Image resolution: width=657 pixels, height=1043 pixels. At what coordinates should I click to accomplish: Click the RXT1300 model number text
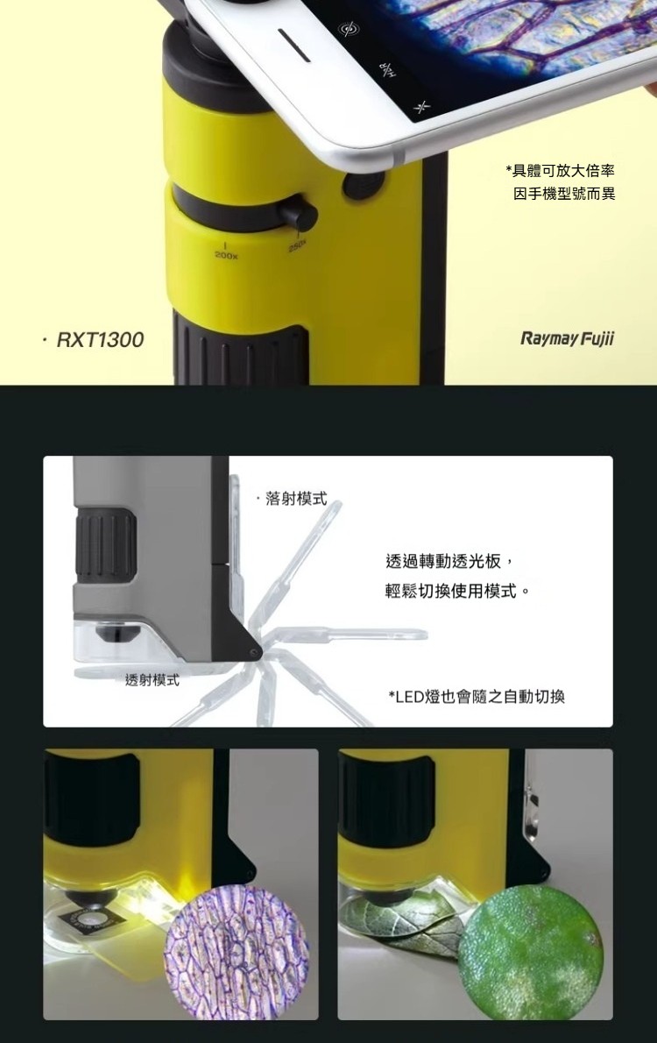pyautogui.click(x=100, y=340)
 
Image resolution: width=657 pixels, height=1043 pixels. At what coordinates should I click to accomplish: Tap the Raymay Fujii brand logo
pyautogui.click(x=568, y=339)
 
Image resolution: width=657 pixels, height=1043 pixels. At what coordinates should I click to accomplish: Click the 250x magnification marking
pyautogui.click(x=298, y=246)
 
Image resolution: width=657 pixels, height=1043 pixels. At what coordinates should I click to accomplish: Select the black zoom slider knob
pyautogui.click(x=297, y=213)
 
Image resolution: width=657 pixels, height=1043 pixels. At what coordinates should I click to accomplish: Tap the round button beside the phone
pyautogui.click(x=364, y=186)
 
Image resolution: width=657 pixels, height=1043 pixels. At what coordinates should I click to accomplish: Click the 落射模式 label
pyautogui.click(x=296, y=498)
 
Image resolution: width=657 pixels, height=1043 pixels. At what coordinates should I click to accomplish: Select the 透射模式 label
pyautogui.click(x=152, y=680)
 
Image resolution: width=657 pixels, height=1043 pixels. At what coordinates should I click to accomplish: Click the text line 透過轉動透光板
pyautogui.click(x=449, y=562)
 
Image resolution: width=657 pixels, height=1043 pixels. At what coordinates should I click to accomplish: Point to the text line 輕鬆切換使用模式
pyautogui.click(x=457, y=592)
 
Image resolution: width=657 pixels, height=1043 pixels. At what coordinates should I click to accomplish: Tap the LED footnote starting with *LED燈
pyautogui.click(x=477, y=697)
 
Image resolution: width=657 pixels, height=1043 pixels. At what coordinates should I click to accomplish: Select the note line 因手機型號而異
pyautogui.click(x=564, y=194)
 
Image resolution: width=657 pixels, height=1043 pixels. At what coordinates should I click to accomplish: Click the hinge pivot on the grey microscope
pyautogui.click(x=253, y=655)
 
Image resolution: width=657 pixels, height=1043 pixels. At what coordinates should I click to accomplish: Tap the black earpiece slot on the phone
pyautogui.click(x=293, y=46)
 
